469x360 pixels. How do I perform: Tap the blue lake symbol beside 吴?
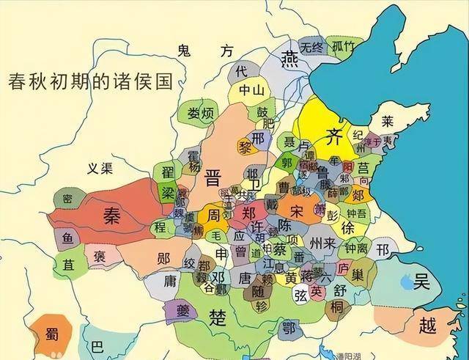click(x=405, y=280)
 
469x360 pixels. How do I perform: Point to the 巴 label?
click(x=97, y=345)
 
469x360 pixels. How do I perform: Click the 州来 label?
click(x=322, y=242)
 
